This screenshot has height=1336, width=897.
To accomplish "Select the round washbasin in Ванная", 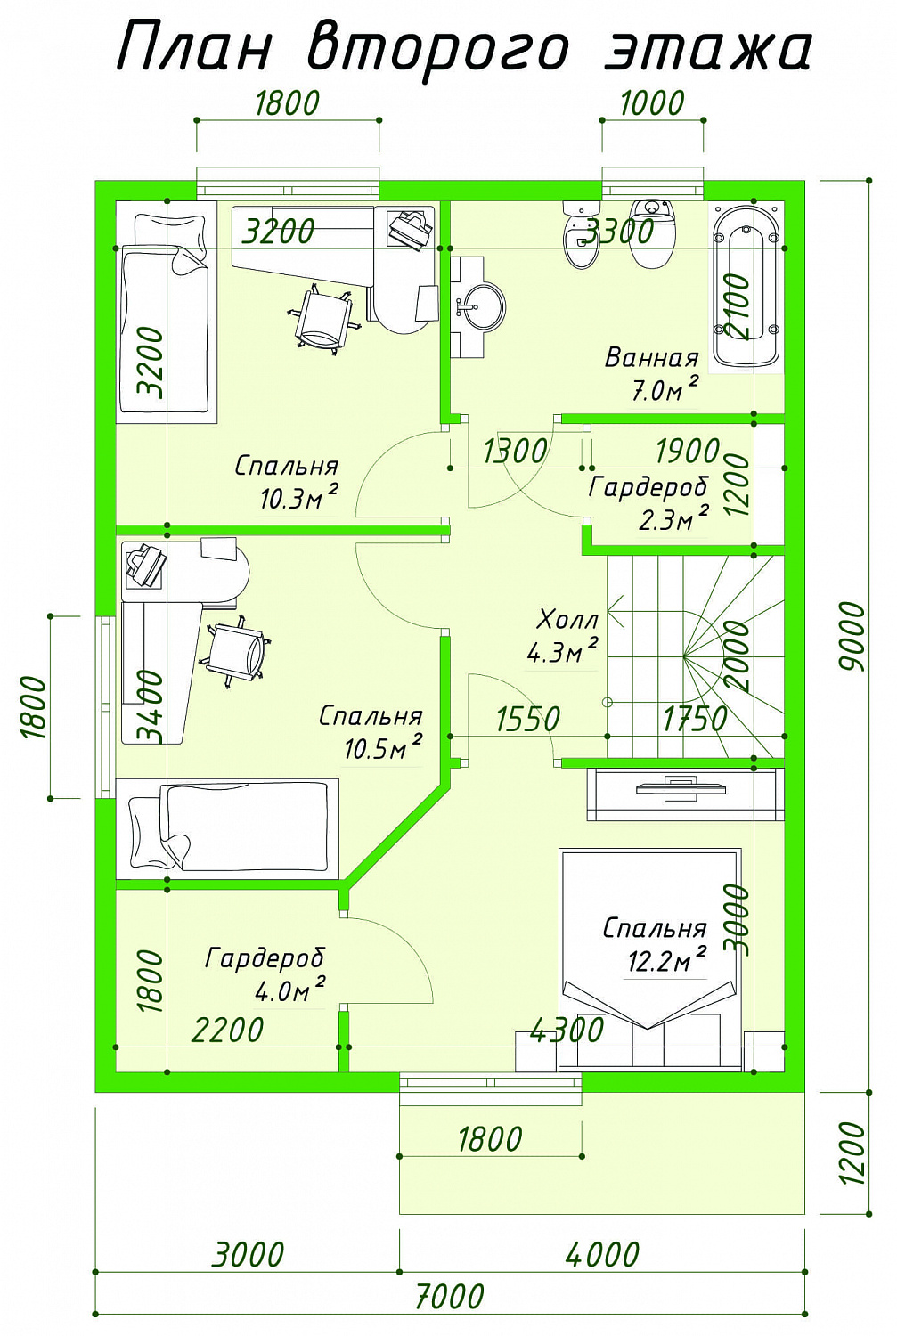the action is [483, 307].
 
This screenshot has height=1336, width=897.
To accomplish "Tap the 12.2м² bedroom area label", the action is [655, 943].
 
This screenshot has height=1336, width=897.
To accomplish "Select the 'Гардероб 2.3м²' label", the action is [649, 503].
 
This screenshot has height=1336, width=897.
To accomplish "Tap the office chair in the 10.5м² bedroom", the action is [235, 650].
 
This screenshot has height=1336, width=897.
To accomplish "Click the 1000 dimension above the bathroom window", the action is [652, 103].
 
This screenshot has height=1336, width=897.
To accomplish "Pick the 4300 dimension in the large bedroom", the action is [567, 1030].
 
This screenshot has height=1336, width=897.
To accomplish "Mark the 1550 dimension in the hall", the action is [528, 719].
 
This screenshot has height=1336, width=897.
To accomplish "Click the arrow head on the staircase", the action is [615, 611].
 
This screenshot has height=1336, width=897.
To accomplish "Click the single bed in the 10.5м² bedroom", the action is [227, 828].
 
